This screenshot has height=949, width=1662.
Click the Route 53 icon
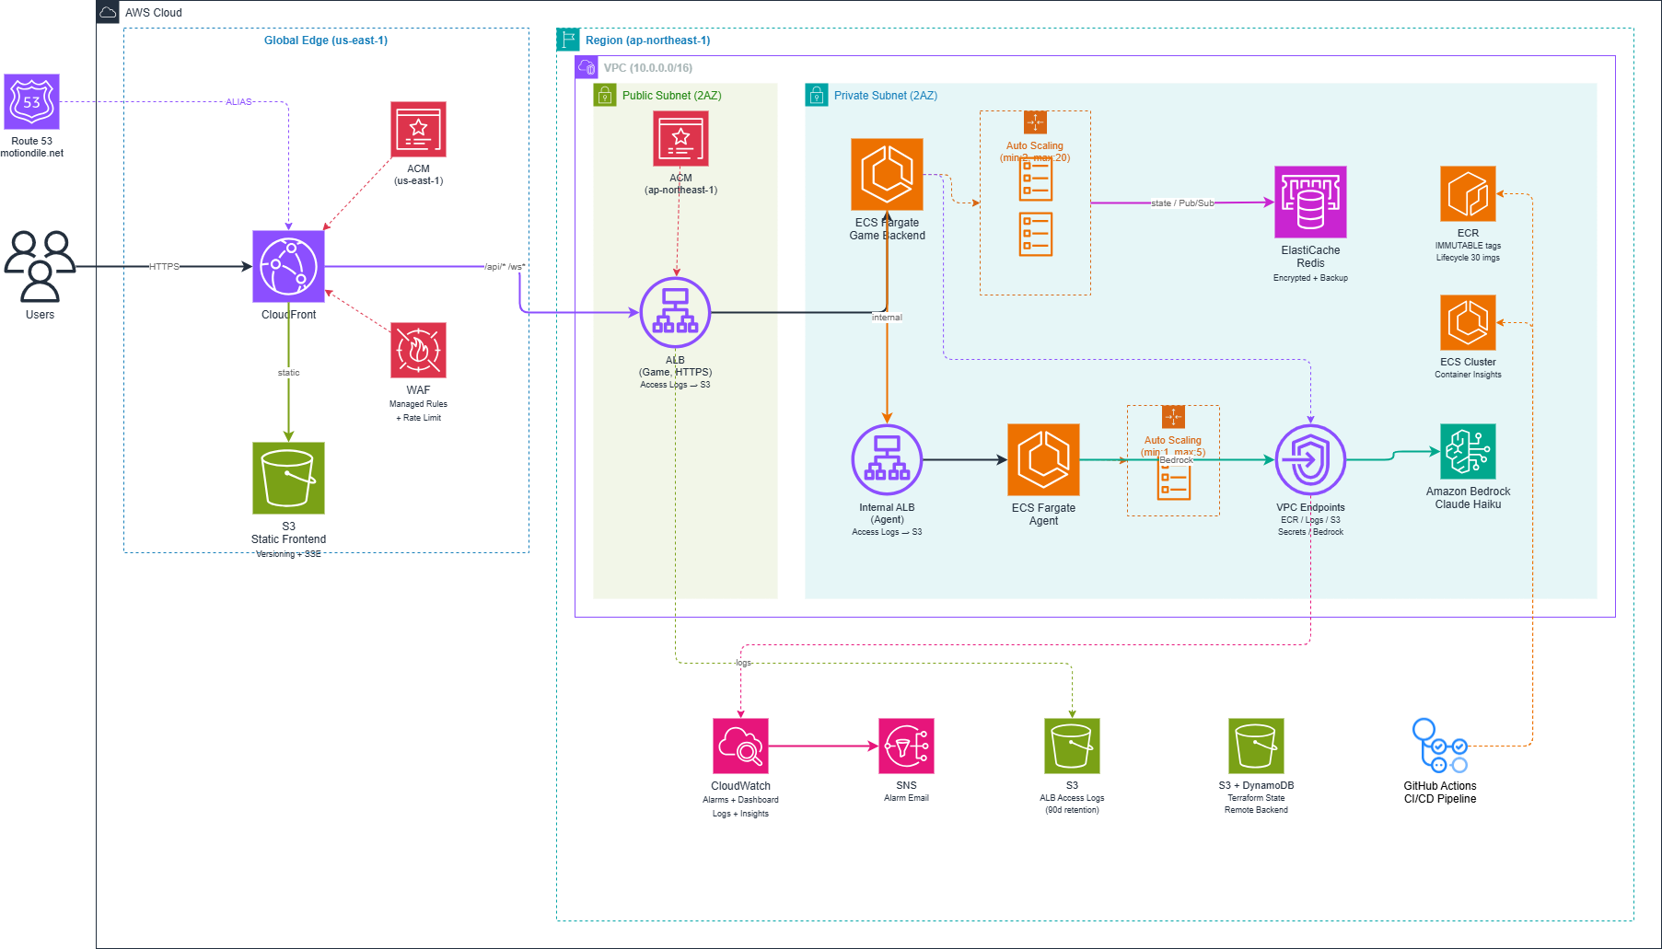click(32, 101)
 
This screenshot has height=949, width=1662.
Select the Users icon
click(40, 266)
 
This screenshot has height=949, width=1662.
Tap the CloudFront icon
click(288, 266)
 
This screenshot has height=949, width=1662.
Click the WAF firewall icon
click(418, 350)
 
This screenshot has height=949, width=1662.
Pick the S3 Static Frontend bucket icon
click(288, 478)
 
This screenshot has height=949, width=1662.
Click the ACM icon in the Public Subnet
click(680, 138)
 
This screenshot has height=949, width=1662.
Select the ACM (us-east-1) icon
click(418, 129)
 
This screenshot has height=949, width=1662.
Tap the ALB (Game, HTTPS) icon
click(675, 313)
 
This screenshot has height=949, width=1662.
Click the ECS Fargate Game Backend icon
click(887, 174)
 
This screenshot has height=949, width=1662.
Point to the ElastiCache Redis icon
click(1310, 202)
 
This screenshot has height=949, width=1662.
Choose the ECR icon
click(1468, 193)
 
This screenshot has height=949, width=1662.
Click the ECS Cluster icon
click(1468, 322)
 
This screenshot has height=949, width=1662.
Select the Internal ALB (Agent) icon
click(887, 459)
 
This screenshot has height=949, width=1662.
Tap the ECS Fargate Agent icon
click(1043, 459)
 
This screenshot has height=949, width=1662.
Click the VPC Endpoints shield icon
click(1310, 459)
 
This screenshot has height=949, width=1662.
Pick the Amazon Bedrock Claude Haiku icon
click(1468, 451)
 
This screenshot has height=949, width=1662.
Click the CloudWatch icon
click(740, 746)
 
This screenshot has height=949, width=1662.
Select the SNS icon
click(906, 746)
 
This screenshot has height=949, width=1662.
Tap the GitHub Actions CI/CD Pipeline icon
click(1440, 746)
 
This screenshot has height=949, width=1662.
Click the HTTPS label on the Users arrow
click(164, 267)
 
